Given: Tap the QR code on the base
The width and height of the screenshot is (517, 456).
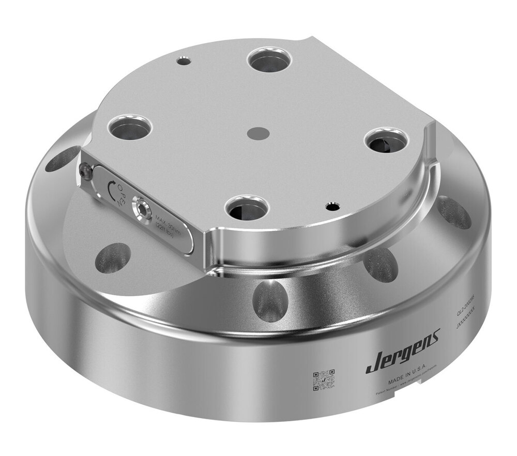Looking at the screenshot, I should click(324, 380).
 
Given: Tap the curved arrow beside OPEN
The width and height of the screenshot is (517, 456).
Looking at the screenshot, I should click(110, 187).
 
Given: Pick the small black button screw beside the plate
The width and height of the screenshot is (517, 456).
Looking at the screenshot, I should click(86, 172).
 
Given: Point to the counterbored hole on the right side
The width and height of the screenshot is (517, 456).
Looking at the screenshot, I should click(387, 141).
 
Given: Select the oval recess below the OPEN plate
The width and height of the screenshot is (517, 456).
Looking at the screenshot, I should click(113, 257).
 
